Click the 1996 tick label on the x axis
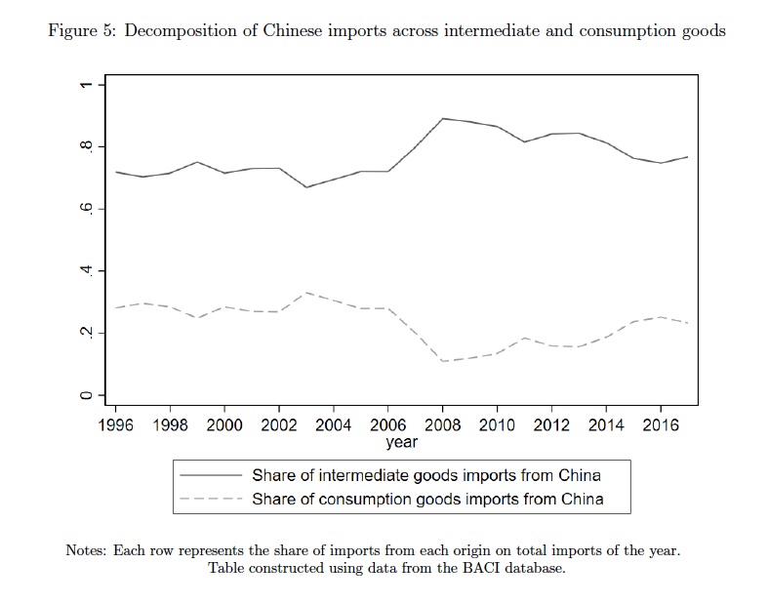click(x=116, y=426)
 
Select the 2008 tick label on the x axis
click(x=443, y=426)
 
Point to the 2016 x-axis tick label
click(x=661, y=426)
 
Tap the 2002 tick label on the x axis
click(x=279, y=426)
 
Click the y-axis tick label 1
click(x=87, y=85)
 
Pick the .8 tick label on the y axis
click(x=87, y=146)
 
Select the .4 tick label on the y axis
click(x=87, y=271)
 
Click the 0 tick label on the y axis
click(x=87, y=395)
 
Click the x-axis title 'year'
click(x=401, y=443)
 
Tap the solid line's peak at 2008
click(x=443, y=118)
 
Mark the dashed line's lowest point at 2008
click(x=443, y=361)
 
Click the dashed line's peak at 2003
click(x=306, y=293)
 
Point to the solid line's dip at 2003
click(x=306, y=186)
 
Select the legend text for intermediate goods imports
click(x=425, y=476)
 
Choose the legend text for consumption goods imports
click(x=427, y=499)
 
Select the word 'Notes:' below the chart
click(x=86, y=550)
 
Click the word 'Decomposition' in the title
click(x=178, y=31)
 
